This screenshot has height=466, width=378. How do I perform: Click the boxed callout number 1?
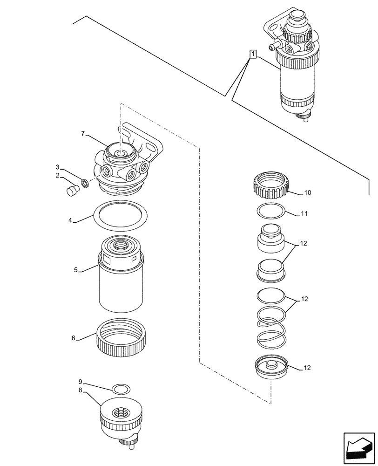click(252, 55)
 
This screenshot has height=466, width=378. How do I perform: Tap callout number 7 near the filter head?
click(83, 134)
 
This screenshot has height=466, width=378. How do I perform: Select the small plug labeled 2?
click(72, 191)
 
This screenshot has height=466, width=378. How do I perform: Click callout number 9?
click(80, 381)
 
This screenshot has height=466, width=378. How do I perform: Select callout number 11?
click(304, 214)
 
